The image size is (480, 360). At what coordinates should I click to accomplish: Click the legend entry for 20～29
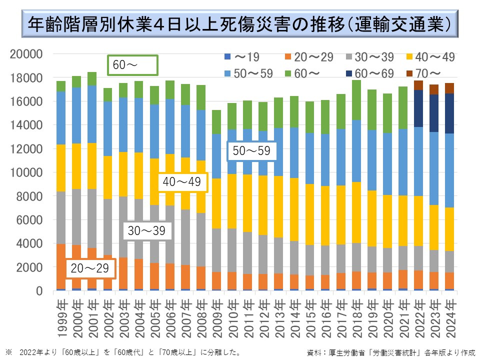tap(307, 57)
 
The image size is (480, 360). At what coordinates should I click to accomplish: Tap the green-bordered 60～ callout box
tap(132, 65)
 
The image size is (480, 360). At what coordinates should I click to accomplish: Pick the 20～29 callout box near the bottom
tap(90, 268)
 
